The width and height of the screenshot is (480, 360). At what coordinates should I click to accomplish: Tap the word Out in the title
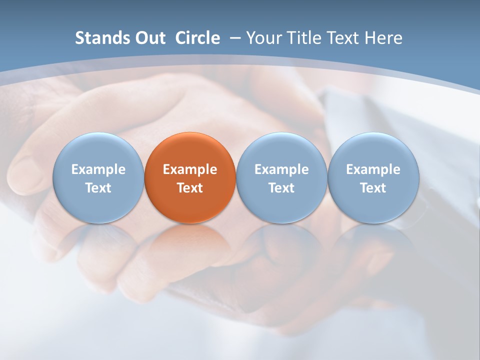coord(149,38)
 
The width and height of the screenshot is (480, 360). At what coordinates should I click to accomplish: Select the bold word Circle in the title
coord(197,38)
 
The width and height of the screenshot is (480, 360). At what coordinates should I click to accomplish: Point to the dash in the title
coord(235,38)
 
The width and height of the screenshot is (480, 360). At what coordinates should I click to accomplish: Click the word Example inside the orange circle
coord(190,169)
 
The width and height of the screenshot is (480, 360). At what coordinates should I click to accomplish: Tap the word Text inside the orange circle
coord(190,188)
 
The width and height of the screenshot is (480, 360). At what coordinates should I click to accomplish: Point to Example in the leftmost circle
coord(98,169)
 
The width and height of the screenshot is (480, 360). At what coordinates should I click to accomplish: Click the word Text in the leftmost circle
coord(98,188)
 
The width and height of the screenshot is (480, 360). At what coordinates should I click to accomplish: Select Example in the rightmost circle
coord(373,169)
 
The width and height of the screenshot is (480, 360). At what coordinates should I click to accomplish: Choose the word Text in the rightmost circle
coord(373,188)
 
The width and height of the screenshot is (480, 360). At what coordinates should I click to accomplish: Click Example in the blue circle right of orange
coord(281,169)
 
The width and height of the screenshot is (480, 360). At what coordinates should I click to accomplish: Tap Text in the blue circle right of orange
coord(281,188)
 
